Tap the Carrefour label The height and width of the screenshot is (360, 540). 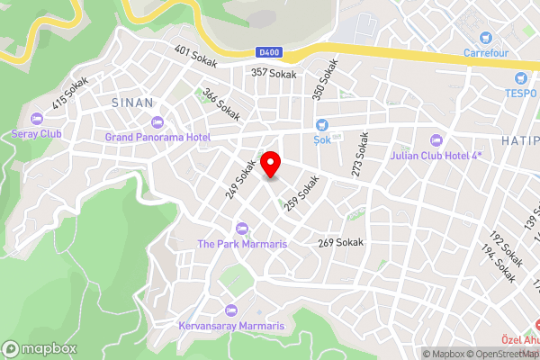[486, 52]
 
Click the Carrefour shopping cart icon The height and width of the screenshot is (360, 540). [486, 38]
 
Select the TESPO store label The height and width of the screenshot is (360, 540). [519, 93]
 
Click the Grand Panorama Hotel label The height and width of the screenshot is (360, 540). [157, 137]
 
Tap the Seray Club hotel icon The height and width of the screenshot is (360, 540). [36, 119]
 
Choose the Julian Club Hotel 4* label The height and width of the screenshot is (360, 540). [437, 154]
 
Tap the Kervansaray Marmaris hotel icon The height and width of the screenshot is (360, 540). [231, 310]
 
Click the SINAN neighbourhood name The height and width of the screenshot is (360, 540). [130, 103]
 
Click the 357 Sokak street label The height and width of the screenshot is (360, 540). [274, 72]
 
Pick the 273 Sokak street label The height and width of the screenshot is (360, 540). [361, 155]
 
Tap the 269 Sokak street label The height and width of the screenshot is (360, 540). [340, 243]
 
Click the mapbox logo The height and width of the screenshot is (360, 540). [40, 348]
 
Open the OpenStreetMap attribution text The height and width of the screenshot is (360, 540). [504, 354]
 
